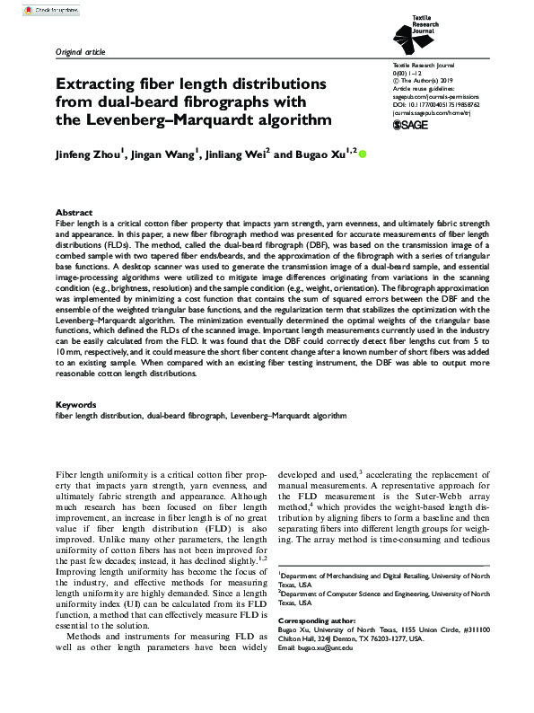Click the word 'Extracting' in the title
[98, 84]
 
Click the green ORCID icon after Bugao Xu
[363, 154]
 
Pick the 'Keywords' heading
[77, 405]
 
